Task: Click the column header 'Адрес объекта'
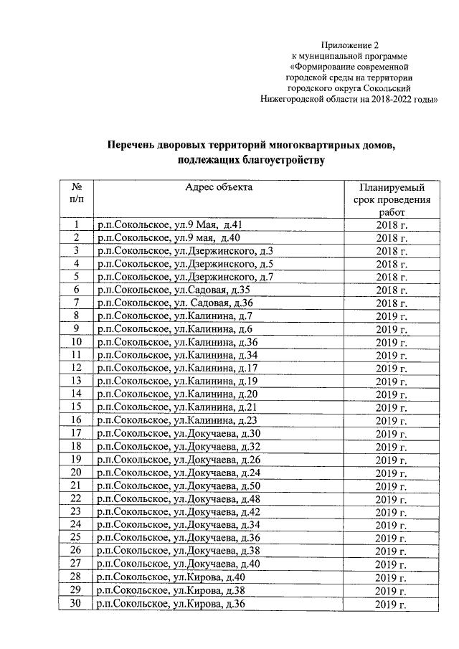(219, 187)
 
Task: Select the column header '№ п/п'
(75, 193)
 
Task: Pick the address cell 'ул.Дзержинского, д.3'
(185, 250)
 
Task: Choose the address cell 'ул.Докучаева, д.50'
(179, 485)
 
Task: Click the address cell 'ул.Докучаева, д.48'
(179, 498)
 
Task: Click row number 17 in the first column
(75, 433)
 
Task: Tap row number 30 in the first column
(75, 605)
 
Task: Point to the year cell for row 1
(391, 224)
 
